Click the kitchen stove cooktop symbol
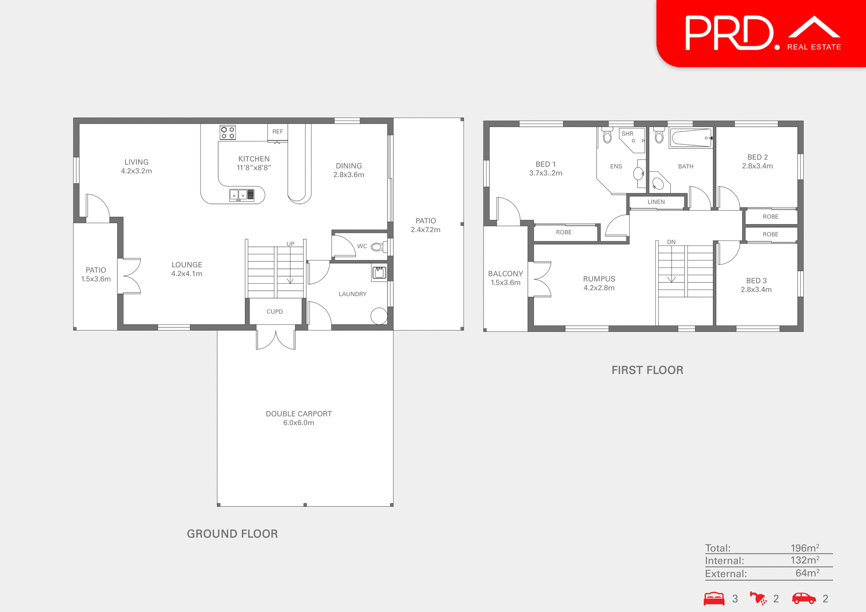click(227, 132)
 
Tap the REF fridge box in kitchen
click(277, 132)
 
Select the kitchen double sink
click(241, 195)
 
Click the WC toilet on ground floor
click(378, 247)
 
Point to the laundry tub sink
click(379, 272)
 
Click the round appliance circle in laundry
click(379, 316)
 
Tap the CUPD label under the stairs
click(274, 312)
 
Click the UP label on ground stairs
click(290, 244)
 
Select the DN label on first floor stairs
click(671, 242)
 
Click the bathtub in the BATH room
click(691, 138)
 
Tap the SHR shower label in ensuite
click(627, 133)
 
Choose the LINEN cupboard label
click(656, 202)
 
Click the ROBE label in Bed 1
click(563, 232)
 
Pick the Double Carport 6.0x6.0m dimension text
click(299, 423)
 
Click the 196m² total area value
click(805, 548)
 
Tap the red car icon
click(804, 598)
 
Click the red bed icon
click(714, 598)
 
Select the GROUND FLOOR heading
click(232, 534)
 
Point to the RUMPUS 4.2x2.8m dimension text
click(599, 288)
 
